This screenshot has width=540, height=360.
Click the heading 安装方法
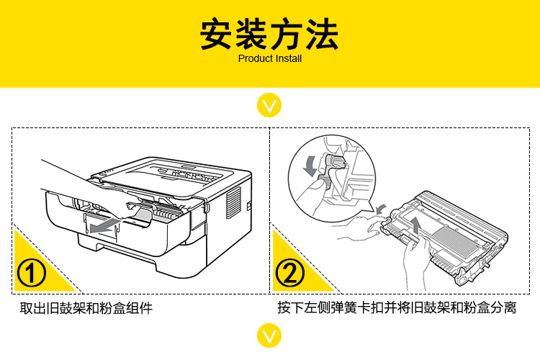[269, 34]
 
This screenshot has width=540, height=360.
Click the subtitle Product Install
[269, 58]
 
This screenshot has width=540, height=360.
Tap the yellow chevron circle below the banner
[269, 107]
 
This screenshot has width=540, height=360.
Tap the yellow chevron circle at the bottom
[269, 336]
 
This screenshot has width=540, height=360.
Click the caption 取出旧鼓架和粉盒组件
[86, 309]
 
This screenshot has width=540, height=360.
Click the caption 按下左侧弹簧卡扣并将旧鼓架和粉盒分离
[397, 309]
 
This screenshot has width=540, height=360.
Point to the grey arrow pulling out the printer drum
[104, 228]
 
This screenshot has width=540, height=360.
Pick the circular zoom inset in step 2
[320, 173]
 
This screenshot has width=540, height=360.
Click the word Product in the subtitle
[253, 58]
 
